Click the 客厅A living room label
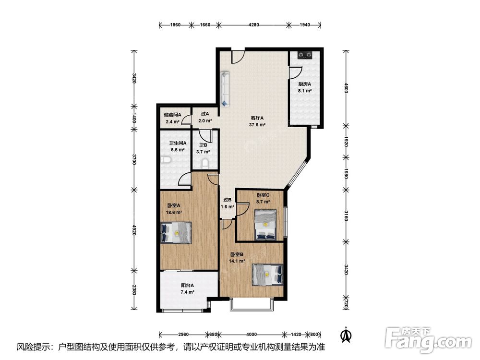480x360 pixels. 257,118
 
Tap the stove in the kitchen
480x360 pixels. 305,55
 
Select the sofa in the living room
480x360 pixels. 225,89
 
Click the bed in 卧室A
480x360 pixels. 176,233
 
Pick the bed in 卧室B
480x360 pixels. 267,275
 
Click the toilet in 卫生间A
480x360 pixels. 165,160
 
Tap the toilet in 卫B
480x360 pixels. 205,164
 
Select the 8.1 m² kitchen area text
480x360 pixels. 305,91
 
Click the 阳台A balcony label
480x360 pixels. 187,285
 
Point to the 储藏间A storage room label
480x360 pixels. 173,115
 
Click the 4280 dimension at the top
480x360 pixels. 254,25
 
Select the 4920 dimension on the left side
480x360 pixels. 134,230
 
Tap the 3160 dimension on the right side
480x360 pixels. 346,216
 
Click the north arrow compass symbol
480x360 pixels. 346,335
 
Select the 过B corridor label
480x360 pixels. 228,200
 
